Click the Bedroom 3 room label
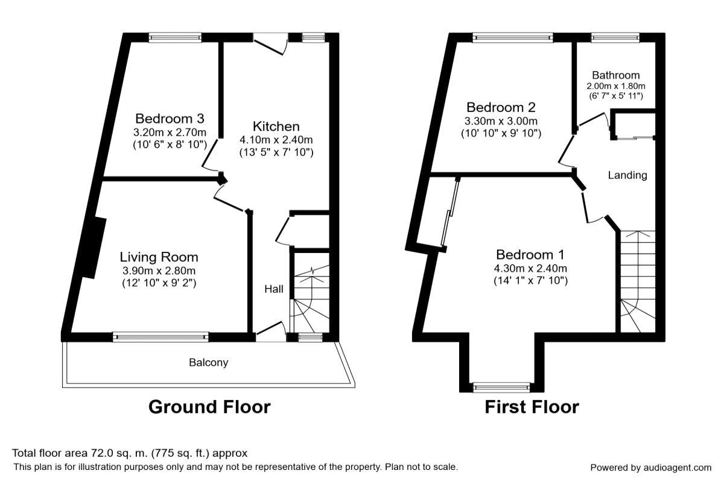pyautogui.click(x=170, y=119)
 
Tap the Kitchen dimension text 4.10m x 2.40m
pyautogui.click(x=276, y=140)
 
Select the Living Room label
pyautogui.click(x=159, y=257)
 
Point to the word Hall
pyautogui.click(x=274, y=289)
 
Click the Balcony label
pyautogui.click(x=209, y=363)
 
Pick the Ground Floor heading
pyautogui.click(x=209, y=407)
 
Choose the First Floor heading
pyautogui.click(x=532, y=407)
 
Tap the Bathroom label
pyautogui.click(x=616, y=75)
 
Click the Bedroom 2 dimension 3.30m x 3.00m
pyautogui.click(x=501, y=121)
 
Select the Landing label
pyautogui.click(x=627, y=175)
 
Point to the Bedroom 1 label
pyautogui.click(x=530, y=255)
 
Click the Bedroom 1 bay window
pyautogui.click(x=501, y=387)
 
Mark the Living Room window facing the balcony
pyautogui.click(x=160, y=337)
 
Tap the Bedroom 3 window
pyautogui.click(x=175, y=37)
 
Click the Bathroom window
pyautogui.click(x=615, y=38)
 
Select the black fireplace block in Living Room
pyautogui.click(x=94, y=248)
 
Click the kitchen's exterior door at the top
pyautogui.click(x=270, y=43)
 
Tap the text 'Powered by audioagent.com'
pyautogui.click(x=650, y=468)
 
